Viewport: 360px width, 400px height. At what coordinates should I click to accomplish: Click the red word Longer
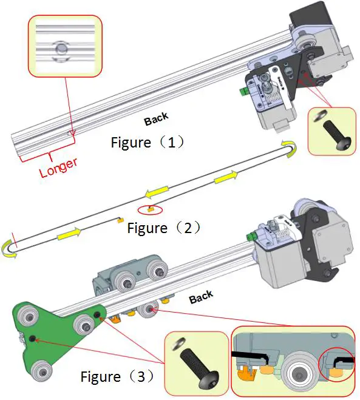click(58, 165)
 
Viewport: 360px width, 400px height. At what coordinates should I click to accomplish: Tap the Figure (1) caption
click(148, 143)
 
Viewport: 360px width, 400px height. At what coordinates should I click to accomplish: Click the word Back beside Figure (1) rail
click(156, 120)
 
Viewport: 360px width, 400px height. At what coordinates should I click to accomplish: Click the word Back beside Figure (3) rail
click(201, 297)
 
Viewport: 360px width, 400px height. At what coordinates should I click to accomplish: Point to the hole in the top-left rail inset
click(60, 49)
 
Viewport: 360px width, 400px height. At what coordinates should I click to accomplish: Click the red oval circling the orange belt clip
click(150, 210)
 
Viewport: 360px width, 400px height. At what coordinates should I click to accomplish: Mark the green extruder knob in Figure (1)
click(242, 91)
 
